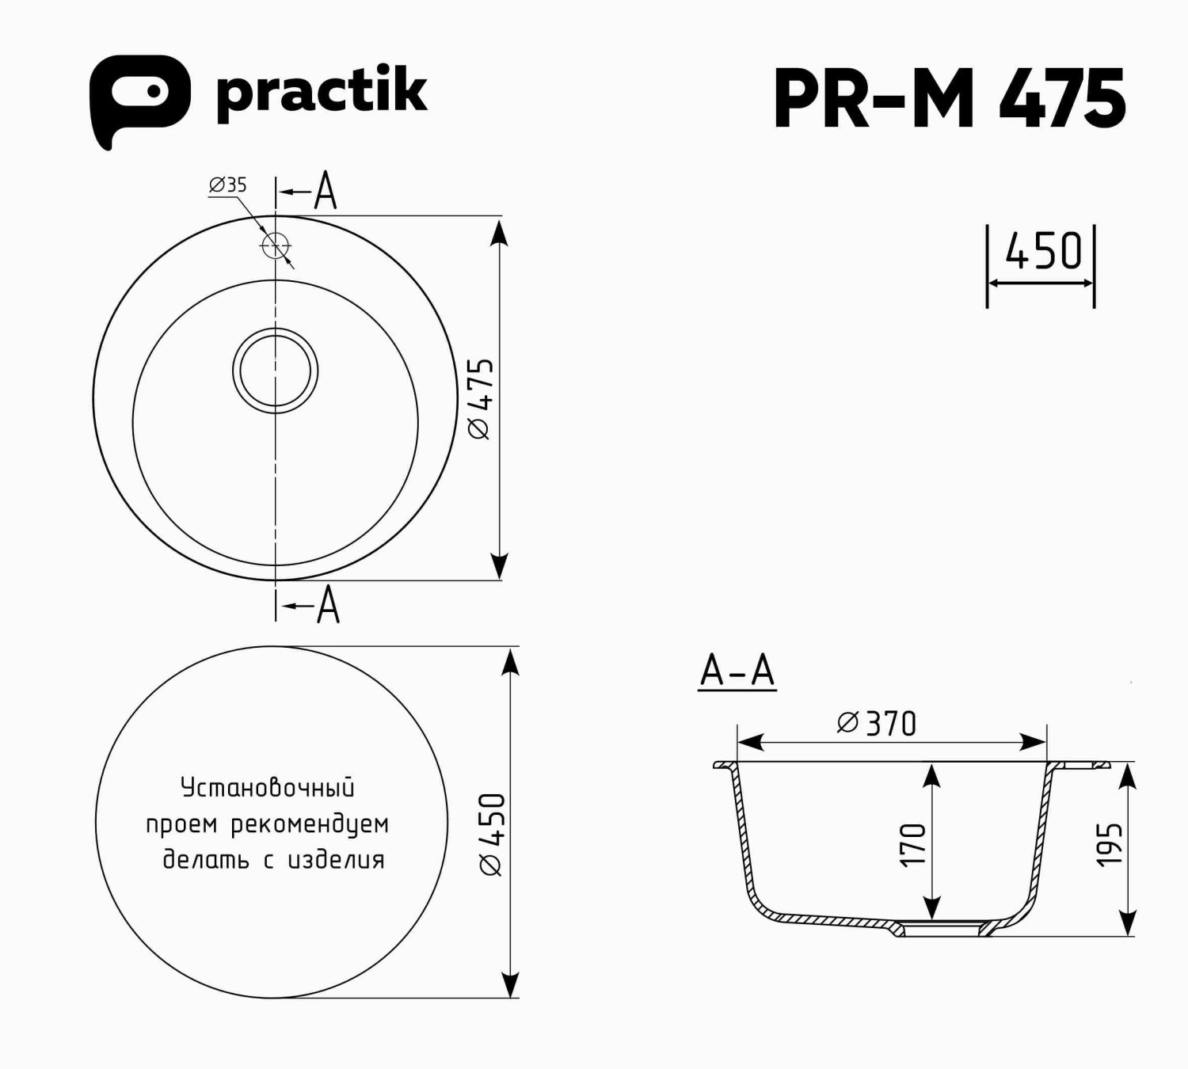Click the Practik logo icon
point(139,98)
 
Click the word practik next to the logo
point(321,93)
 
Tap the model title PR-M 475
point(949,99)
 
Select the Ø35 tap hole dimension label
point(228,185)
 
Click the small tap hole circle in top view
point(275,246)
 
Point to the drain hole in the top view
point(276,371)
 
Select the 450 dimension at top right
point(1042,252)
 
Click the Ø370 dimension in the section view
point(877,724)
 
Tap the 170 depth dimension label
point(913,844)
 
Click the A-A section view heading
point(737,671)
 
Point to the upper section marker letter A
point(326,192)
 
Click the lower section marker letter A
point(328,606)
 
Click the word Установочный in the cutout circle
point(268,788)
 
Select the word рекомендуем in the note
point(310,824)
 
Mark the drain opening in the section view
point(942,929)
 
